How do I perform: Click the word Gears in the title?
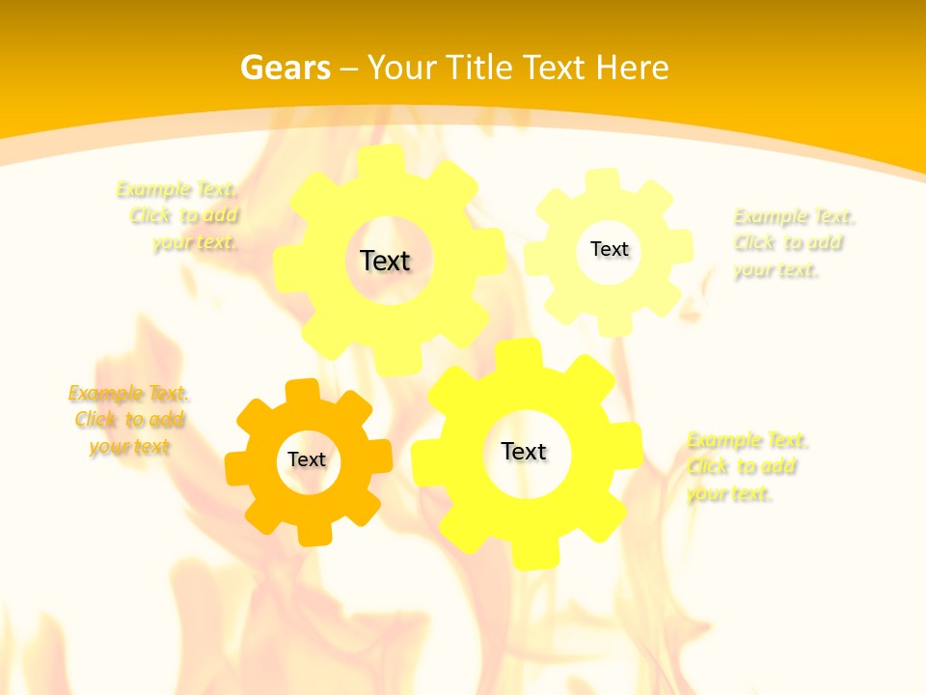(x=285, y=68)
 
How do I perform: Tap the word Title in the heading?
(x=480, y=68)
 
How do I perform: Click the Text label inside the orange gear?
(x=307, y=459)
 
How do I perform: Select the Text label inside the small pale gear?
(x=609, y=249)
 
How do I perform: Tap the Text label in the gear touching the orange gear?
(x=524, y=451)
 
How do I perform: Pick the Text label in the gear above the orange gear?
(x=385, y=261)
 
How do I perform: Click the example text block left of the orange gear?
(x=128, y=420)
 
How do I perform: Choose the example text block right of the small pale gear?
(x=793, y=243)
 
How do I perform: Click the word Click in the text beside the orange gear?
(x=96, y=420)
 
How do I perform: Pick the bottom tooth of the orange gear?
(x=313, y=533)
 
